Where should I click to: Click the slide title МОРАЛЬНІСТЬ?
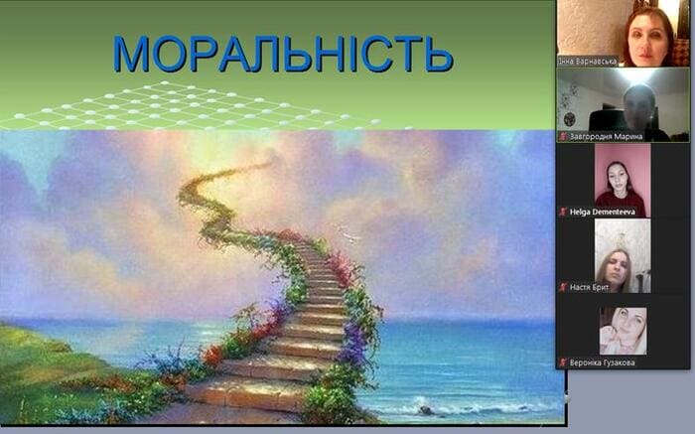(x=283, y=54)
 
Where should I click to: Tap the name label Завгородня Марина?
(x=606, y=136)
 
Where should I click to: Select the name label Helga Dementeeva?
(x=603, y=212)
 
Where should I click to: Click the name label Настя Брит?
(x=589, y=287)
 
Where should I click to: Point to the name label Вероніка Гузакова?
(x=602, y=362)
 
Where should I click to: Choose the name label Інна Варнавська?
(x=588, y=62)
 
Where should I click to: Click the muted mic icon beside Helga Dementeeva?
(x=563, y=212)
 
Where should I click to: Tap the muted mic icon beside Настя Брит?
(x=563, y=287)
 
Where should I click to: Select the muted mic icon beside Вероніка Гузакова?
(x=563, y=362)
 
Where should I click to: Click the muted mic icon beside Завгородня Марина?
(x=563, y=136)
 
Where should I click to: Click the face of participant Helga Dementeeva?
(x=619, y=177)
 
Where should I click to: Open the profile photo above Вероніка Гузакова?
(x=623, y=331)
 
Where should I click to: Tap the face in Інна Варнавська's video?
(x=648, y=39)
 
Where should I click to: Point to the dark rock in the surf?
(x=426, y=410)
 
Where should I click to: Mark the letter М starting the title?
(x=131, y=54)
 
